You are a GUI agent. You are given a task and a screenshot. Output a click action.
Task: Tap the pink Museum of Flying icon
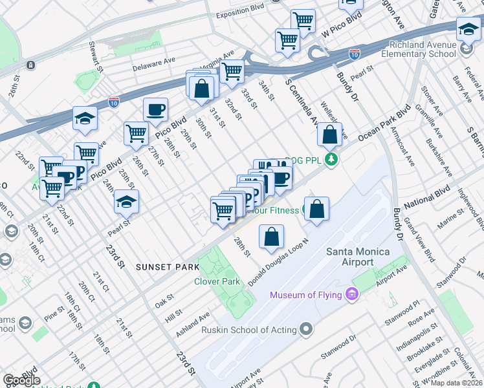pyautogui.click(x=352, y=296)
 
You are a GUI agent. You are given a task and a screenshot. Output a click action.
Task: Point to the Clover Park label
pyautogui.click(x=217, y=281)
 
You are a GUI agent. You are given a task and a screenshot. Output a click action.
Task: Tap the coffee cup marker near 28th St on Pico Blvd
pyautogui.click(x=155, y=110)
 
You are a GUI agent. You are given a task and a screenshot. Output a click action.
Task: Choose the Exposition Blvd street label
pyautogui.click(x=241, y=12)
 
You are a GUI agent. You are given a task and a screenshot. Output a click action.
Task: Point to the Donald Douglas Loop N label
pyautogui.click(x=279, y=262)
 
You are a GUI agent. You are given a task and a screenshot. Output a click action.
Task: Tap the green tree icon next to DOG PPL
pyautogui.click(x=331, y=159)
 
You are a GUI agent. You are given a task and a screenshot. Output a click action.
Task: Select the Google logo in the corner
pyautogui.click(x=21, y=380)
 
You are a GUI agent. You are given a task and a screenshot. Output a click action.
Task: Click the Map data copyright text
pyautogui.click(x=456, y=383)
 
